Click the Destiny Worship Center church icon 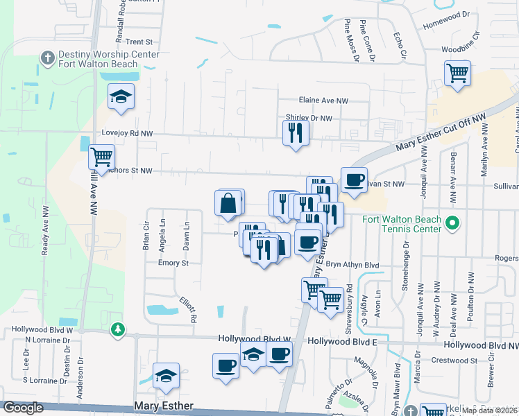pos(48,56)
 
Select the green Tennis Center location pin pos(452,223)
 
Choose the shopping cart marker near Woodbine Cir pos(458,73)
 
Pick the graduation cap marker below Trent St pos(121,97)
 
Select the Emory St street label pos(173,263)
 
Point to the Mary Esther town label pos(164,406)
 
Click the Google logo pos(23,407)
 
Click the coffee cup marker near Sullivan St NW pos(354,180)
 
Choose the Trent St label pos(138,42)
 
